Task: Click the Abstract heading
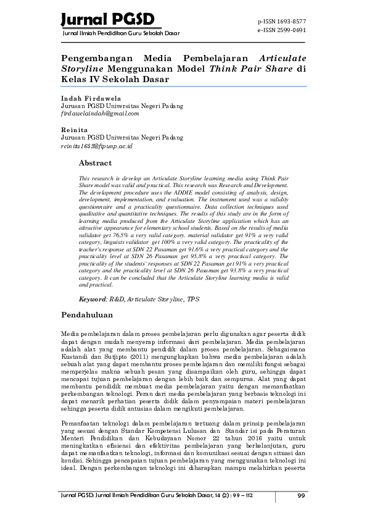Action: pos(95,163)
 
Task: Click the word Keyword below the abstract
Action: pos(93,299)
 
